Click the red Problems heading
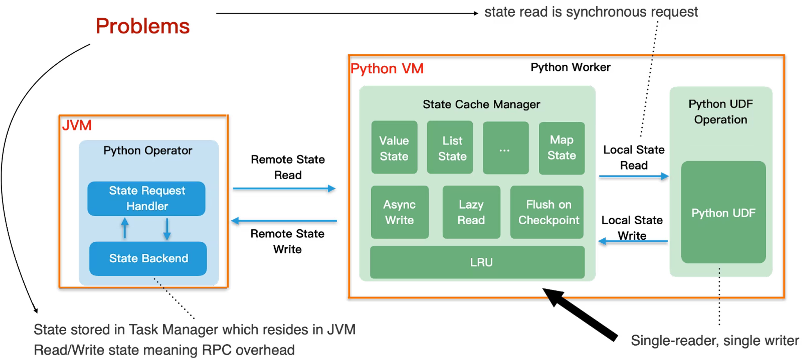(143, 26)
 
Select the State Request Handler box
(146, 198)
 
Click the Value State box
(394, 147)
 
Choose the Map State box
(562, 148)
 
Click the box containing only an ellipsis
(506, 148)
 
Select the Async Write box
(400, 212)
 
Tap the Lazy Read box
(471, 212)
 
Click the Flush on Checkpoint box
(547, 212)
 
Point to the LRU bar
(477, 262)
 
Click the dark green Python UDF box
(723, 212)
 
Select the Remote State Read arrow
(284, 188)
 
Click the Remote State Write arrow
(284, 221)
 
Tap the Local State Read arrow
(634, 176)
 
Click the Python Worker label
(570, 67)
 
